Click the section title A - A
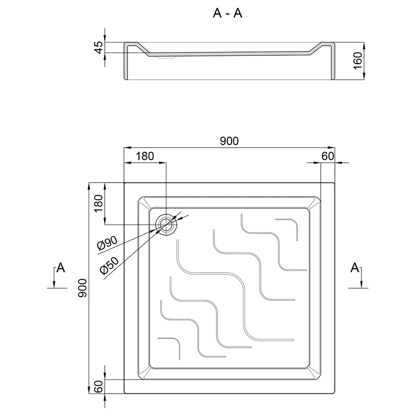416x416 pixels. coord(228,13)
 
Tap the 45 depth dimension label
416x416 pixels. coord(99,47)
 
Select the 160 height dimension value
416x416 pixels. coord(358,61)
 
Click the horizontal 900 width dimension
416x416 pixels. coord(229,141)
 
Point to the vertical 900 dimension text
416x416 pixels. coord(82,288)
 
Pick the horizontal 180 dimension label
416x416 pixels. coord(145,156)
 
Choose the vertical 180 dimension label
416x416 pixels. coord(99,203)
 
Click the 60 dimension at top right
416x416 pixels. coord(328,156)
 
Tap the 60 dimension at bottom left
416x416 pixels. coord(99,386)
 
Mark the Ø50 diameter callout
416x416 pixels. coord(109,266)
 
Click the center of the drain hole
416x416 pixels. coord(166,225)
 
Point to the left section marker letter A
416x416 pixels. coord(61,267)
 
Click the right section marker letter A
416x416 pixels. coord(355,267)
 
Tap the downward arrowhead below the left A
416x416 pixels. coord(54,285)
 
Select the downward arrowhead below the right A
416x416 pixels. coord(361,285)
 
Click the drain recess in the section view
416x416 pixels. coord(166,57)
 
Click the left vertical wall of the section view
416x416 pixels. coord(126,62)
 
